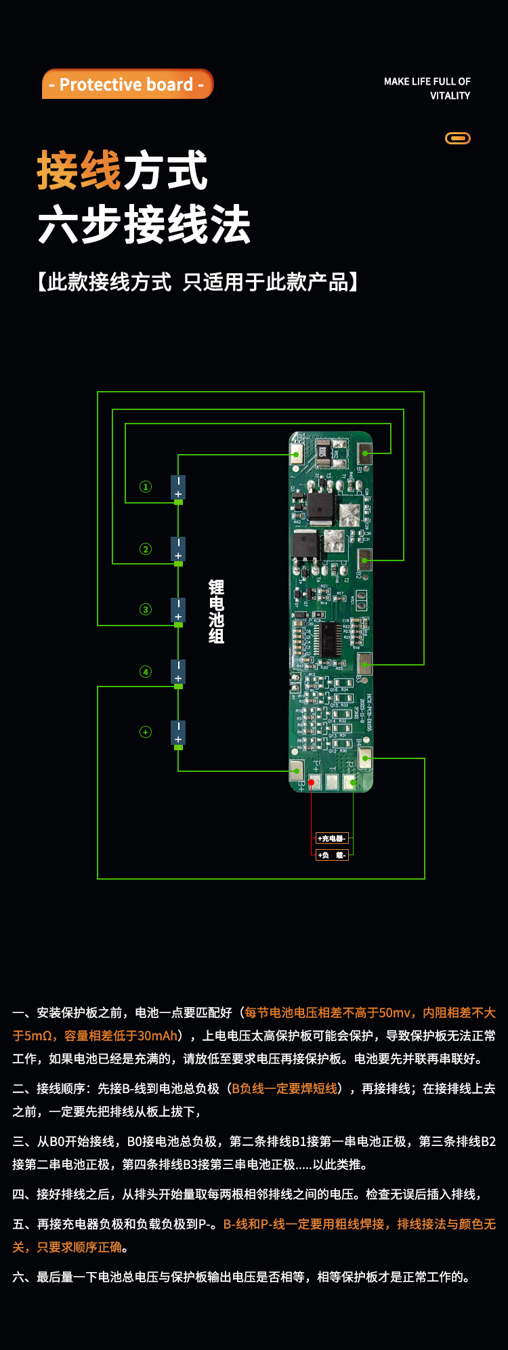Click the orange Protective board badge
coord(127,84)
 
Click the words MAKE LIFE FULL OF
coord(427,81)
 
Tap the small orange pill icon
coord(457,138)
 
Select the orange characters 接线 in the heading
coord(79,171)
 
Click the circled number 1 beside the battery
coord(146,487)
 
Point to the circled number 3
coord(146,609)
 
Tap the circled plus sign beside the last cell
coord(146,732)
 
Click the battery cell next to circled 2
coord(178,549)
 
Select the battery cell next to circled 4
coord(178,672)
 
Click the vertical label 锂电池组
coord(216,611)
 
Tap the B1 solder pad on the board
coord(365,453)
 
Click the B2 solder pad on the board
coord(365,560)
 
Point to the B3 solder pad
coord(365,664)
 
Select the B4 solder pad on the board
coord(365,758)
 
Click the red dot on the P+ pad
coord(312,782)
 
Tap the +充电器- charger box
coord(332,838)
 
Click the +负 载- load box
coord(332,855)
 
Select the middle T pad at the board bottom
coord(332,781)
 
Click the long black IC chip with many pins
coord(331,638)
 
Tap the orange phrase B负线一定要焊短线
coord(284,1088)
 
